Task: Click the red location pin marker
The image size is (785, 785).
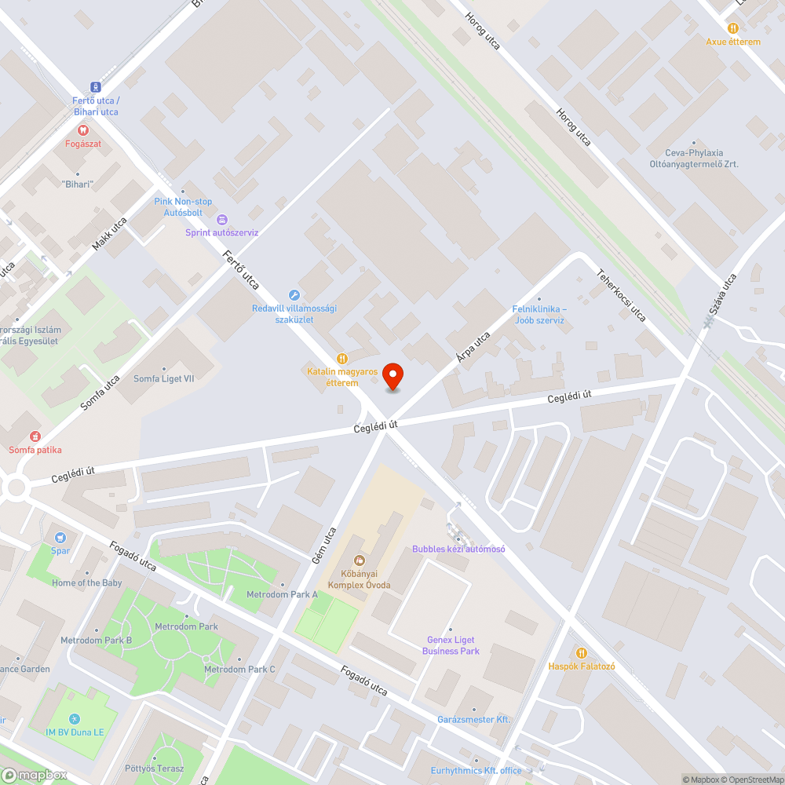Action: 392,377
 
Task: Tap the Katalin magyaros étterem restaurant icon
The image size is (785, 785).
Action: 341,358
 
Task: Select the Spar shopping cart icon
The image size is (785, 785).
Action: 60,538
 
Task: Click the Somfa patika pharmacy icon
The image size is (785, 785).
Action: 35,436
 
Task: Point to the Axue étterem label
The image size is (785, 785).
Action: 732,42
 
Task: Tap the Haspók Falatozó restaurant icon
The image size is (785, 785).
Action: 581,653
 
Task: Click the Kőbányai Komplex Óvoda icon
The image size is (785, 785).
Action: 360,560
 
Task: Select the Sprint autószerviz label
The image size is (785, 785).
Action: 221,232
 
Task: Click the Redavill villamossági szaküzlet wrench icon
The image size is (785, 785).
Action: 294,295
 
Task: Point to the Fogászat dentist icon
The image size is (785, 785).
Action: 82,130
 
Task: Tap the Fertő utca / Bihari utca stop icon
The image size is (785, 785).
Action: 95,87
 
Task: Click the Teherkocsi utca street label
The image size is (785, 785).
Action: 621,295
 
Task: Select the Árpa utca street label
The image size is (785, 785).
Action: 473,347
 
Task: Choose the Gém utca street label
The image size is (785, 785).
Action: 320,545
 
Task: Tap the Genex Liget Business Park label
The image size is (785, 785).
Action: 451,645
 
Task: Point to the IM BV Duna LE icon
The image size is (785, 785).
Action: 75,718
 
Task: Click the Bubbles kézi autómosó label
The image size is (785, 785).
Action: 458,549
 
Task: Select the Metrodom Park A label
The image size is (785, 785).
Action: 282,594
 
